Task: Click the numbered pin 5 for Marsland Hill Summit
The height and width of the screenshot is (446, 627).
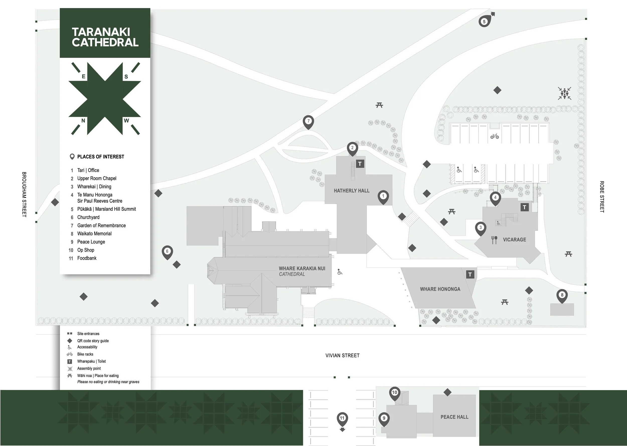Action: coord(484,21)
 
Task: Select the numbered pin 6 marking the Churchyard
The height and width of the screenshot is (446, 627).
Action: coord(167,251)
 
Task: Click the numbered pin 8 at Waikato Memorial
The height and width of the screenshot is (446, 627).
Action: coord(562,295)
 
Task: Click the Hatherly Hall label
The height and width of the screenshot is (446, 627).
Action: coord(351,191)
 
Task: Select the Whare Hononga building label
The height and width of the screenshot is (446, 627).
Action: coord(440,289)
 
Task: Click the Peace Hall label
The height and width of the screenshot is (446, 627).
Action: coord(454,417)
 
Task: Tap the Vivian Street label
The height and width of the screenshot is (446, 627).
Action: coord(342,355)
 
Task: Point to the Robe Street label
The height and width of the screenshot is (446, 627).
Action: coord(602,197)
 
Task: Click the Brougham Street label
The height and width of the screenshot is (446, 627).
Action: coord(24,194)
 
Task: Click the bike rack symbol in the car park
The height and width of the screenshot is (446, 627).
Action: coord(495,136)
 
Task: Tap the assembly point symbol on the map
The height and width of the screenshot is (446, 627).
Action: coord(564,93)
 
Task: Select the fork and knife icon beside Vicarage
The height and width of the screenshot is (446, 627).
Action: coord(494,240)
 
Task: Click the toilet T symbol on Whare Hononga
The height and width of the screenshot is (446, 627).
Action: coord(470,274)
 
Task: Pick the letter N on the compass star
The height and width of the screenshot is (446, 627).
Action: coord(83,121)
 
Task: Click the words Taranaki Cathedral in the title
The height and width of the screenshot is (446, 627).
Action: coord(105,37)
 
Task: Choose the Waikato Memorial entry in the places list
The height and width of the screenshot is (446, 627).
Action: coord(95,234)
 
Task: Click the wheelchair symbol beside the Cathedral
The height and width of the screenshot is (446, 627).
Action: coord(340,272)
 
